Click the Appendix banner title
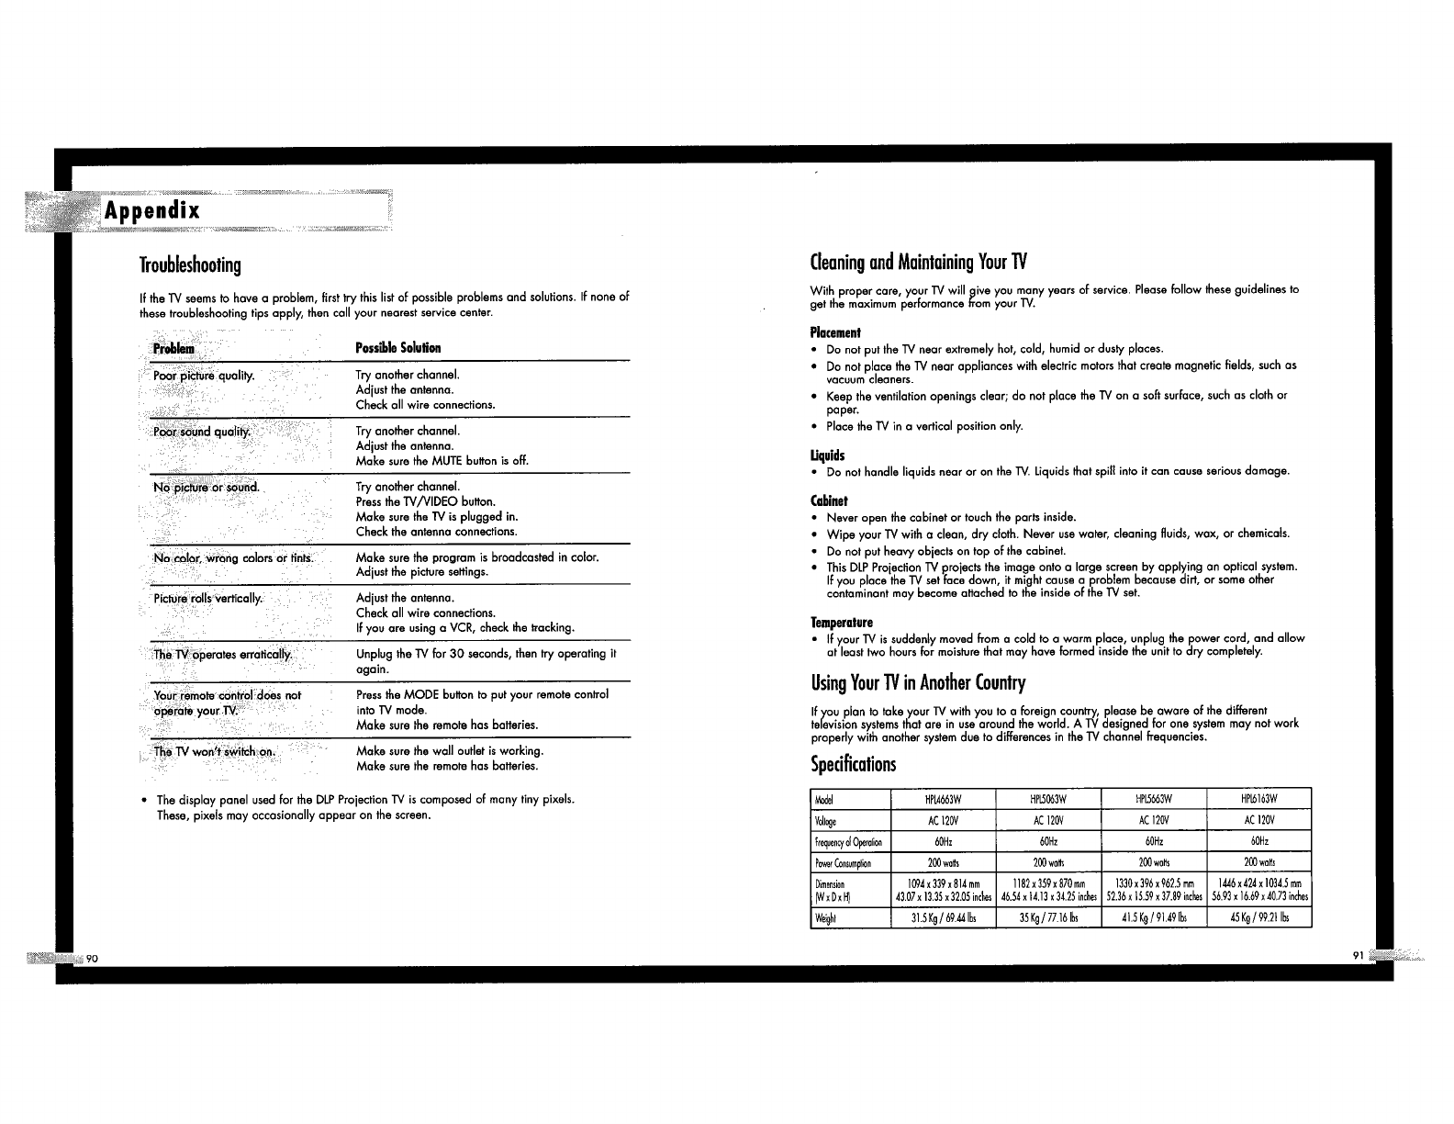tap(151, 210)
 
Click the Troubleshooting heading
tap(190, 265)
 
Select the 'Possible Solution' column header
tap(398, 348)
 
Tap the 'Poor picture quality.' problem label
tap(204, 376)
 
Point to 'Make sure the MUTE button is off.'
tap(442, 461)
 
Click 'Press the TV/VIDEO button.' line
tap(426, 502)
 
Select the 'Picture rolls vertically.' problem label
tap(208, 599)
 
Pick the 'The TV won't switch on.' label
tap(215, 751)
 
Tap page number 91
tap(1359, 955)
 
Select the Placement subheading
tap(835, 332)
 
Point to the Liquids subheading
tap(828, 455)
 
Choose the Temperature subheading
tap(842, 623)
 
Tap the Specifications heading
tap(854, 764)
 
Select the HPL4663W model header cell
tap(943, 798)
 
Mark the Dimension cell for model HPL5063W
tap(1047, 891)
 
